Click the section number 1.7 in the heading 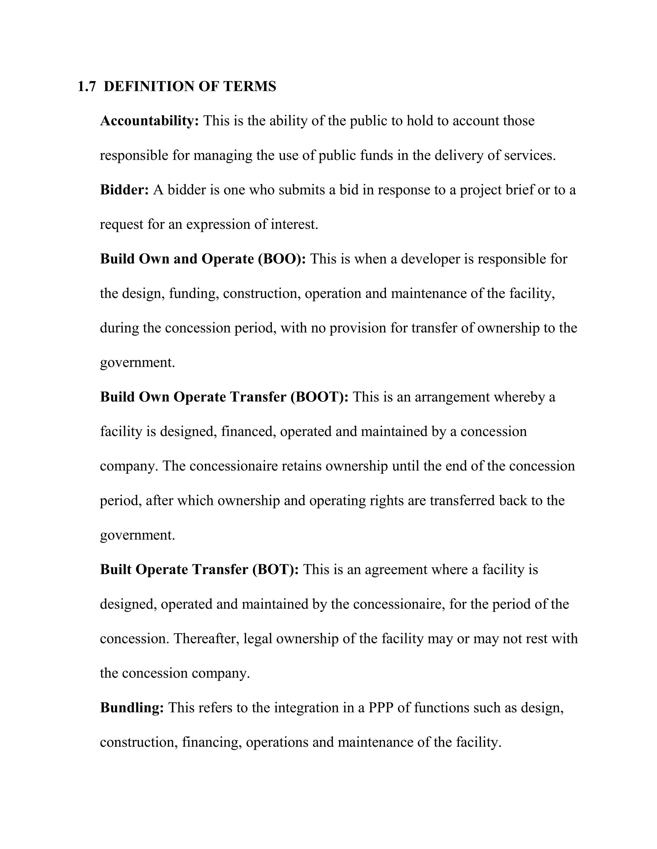(86, 86)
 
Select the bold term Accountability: (149, 121)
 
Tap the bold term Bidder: (124, 190)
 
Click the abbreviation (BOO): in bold (282, 259)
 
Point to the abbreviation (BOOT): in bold (320, 397)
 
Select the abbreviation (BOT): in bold (276, 570)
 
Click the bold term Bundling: (132, 707)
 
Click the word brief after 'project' (520, 190)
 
